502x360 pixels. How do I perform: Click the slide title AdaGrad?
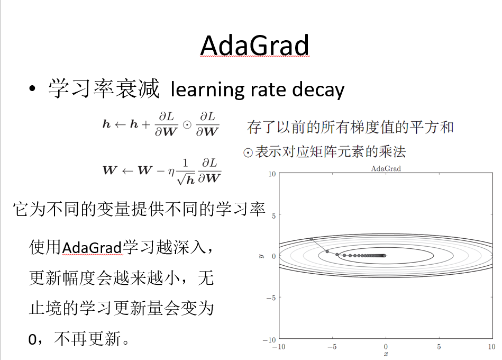coord(255,46)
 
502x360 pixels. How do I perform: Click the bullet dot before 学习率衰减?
coord(32,89)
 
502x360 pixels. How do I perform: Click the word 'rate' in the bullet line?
coord(268,89)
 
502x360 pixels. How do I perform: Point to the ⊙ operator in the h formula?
coord(187,124)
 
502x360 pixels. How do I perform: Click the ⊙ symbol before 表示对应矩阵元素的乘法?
coord(248,153)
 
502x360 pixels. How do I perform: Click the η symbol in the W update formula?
coord(171,172)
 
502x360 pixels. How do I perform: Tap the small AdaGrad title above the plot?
coord(386,168)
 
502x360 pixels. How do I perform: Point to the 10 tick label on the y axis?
coord(272,174)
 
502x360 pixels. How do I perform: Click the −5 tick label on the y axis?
coord(271,298)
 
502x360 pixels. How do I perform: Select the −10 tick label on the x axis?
coord(279,347)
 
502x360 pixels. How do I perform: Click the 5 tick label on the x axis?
coord(439,347)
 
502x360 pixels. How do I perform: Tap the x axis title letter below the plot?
coord(386,354)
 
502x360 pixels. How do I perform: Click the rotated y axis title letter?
coord(261,256)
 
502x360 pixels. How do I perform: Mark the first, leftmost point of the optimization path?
coord(311,239)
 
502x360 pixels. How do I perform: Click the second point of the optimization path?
coord(327,252)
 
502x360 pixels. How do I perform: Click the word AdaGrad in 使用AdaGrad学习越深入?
coord(92,248)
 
